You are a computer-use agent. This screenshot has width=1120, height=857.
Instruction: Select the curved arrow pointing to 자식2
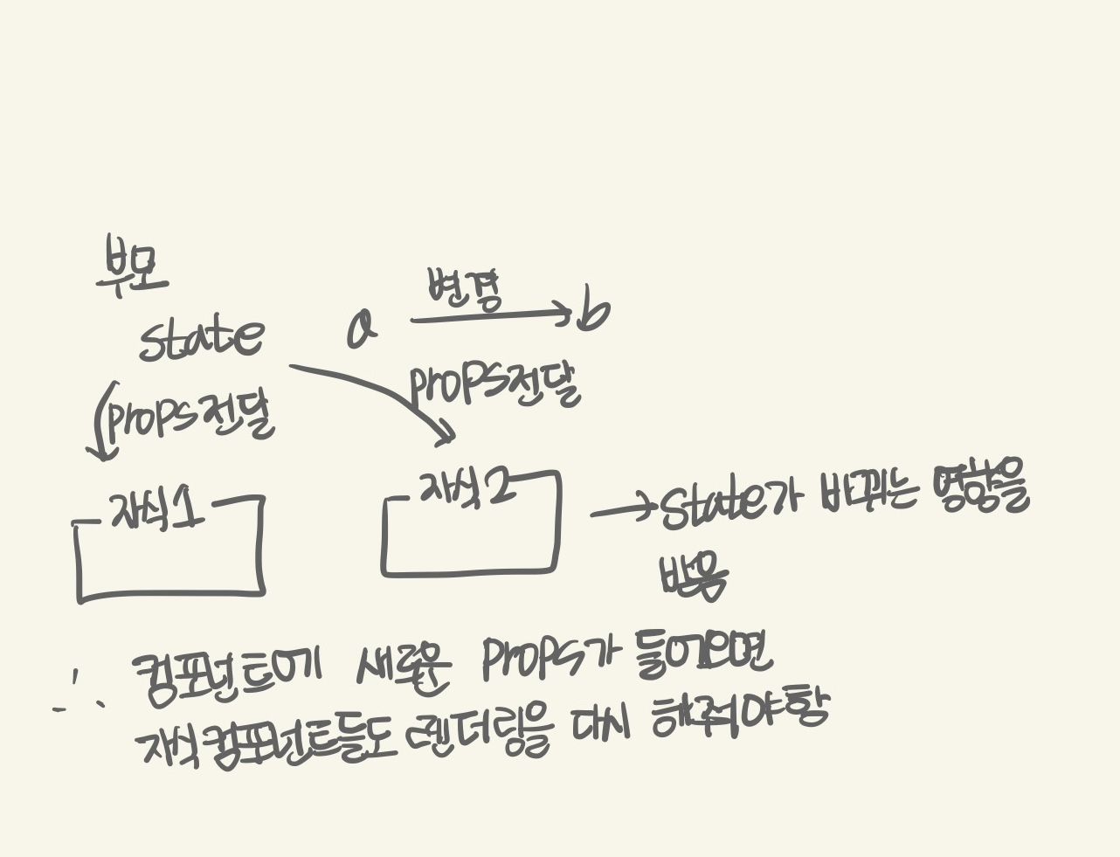coord(384,394)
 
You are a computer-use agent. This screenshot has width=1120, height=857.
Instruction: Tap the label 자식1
coord(157,509)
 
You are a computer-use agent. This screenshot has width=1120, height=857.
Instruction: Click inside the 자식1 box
coord(169,559)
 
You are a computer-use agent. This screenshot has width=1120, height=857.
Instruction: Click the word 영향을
coord(980,490)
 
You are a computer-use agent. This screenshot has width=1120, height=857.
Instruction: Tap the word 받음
coord(694,577)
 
